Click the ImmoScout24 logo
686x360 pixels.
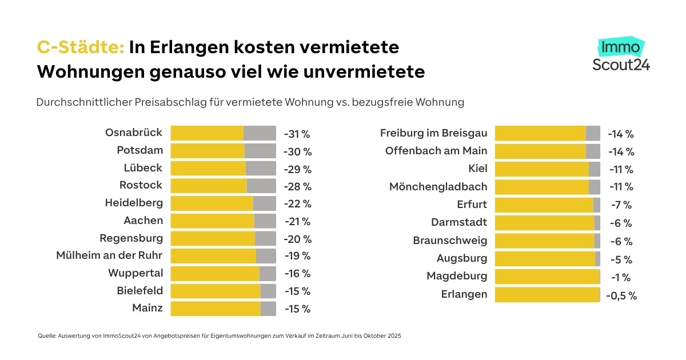(621, 55)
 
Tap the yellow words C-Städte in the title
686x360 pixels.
(81, 47)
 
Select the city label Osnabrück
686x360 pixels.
(134, 133)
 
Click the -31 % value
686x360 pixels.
(297, 134)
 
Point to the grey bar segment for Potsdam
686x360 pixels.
(260, 151)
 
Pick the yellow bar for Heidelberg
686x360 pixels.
(212, 203)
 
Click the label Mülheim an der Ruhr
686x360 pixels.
(109, 255)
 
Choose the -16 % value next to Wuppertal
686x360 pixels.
(297, 274)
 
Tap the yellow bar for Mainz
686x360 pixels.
(216, 309)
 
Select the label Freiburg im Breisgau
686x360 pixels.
(433, 133)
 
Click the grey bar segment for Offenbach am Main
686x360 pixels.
(593, 151)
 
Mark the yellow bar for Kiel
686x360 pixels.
(541, 169)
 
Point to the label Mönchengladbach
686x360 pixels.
(438, 187)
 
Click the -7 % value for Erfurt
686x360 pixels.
(621, 205)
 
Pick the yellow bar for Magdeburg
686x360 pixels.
(547, 277)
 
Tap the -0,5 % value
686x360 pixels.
(623, 295)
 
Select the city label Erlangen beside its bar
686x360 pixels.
(464, 294)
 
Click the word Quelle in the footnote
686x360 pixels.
(46, 336)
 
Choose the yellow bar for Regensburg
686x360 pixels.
(213, 238)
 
